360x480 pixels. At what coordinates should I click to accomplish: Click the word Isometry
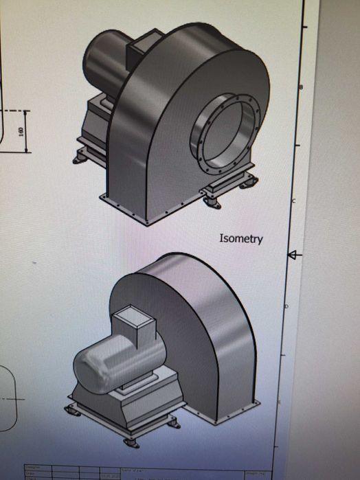pos(240,239)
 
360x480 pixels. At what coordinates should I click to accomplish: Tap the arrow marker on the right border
pos(294,255)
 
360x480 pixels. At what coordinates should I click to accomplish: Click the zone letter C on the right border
pos(293,201)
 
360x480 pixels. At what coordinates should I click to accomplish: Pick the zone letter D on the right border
pos(286,306)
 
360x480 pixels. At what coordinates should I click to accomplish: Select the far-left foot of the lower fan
pos(71,411)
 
